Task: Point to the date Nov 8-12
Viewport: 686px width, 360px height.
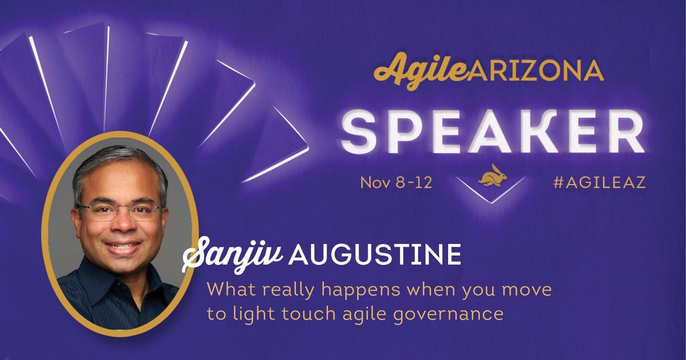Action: tap(395, 183)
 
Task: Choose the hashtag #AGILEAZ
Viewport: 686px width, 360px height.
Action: tap(600, 183)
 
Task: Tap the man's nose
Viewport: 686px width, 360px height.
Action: tap(119, 226)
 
